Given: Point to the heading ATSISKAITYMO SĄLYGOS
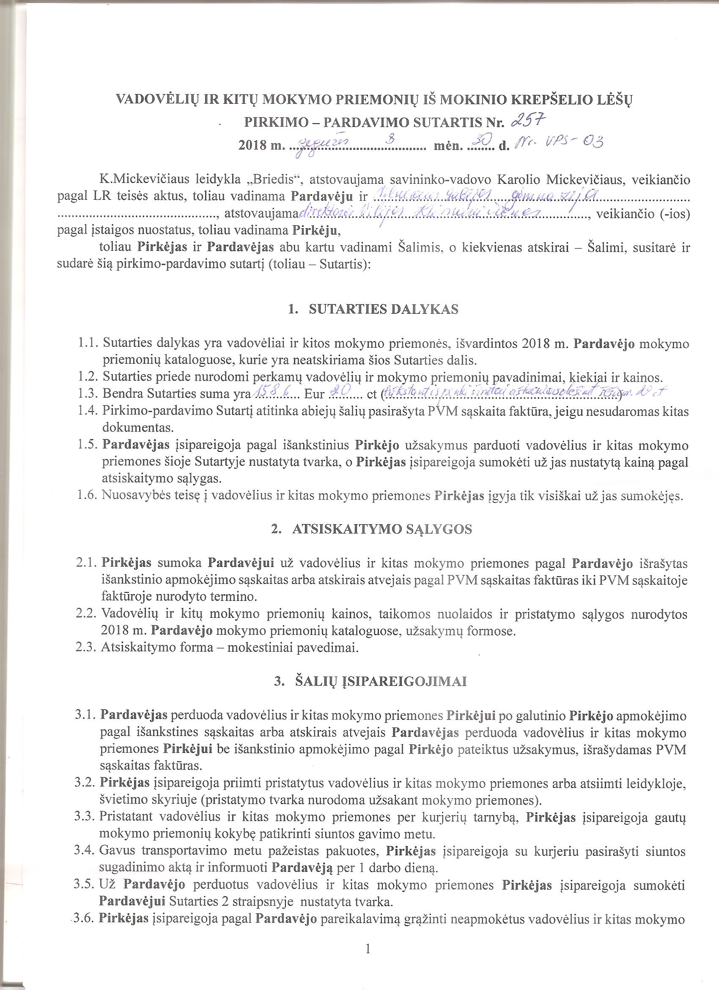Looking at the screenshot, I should tap(382, 529).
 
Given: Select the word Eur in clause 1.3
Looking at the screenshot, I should tap(314, 395).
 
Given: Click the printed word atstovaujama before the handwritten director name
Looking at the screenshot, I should tap(260, 214).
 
